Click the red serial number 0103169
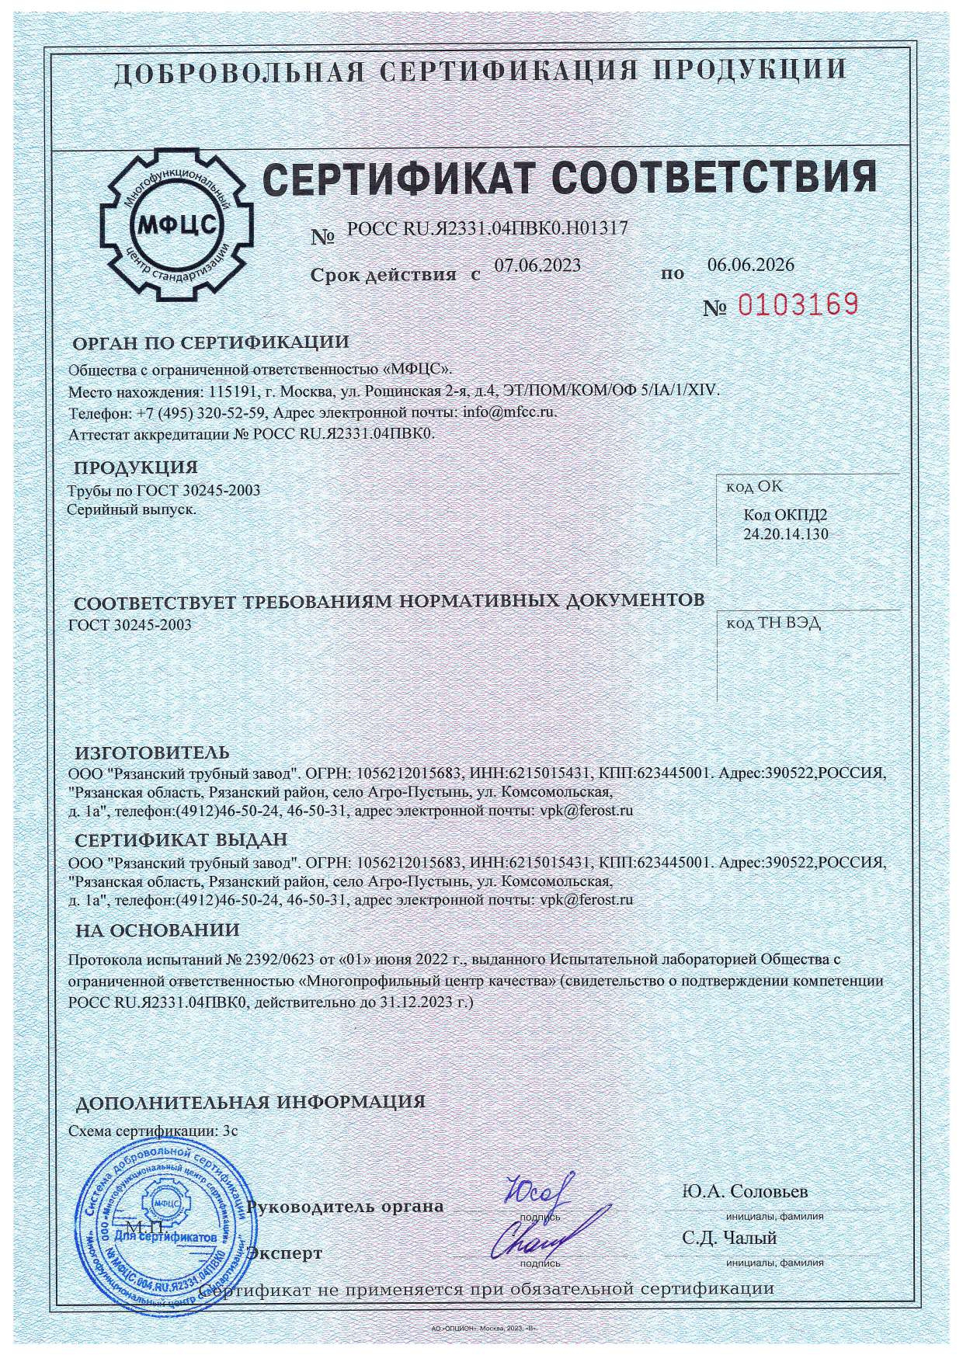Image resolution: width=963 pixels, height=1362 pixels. point(797,304)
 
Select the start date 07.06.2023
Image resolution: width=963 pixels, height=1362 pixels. point(537,265)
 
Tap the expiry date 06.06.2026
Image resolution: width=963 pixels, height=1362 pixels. point(751,265)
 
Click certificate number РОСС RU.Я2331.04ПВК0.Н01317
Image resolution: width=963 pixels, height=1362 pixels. point(487,228)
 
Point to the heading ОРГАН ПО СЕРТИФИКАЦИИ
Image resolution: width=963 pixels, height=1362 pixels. point(211,342)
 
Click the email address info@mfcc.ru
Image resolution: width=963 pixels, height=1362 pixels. point(509,412)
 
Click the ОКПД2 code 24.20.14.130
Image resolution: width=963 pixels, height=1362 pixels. point(786,534)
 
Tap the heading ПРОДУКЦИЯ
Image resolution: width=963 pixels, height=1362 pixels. point(135,467)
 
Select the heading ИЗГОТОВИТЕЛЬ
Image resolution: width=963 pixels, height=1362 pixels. point(151,753)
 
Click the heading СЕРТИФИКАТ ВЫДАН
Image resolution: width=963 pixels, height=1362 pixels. point(181,840)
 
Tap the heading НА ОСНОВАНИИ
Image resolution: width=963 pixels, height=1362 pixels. point(157,929)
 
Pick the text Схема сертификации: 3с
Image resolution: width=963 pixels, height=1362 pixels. point(153,1131)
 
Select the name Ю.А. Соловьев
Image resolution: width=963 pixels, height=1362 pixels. point(745,1192)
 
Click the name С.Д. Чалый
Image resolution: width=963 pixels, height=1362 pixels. point(729,1239)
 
